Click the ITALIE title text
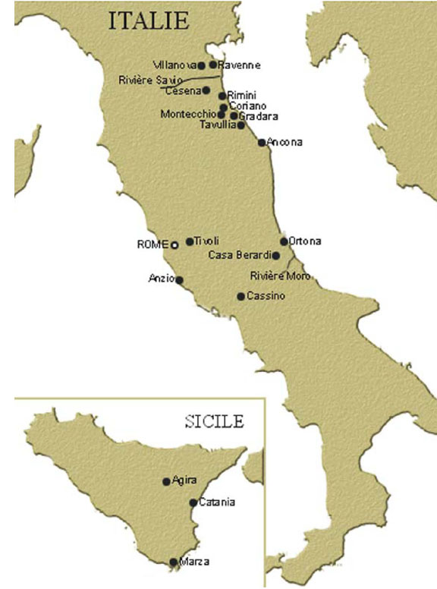[149, 20]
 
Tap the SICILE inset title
[214, 420]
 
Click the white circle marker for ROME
[174, 245]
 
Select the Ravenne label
[240, 65]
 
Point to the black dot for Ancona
[262, 142]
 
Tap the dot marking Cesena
[206, 90]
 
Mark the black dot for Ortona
[284, 241]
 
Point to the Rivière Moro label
[280, 276]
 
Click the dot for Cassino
[241, 296]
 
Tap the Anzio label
[162, 279]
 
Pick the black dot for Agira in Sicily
[166, 481]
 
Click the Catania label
[217, 502]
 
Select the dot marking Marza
[174, 562]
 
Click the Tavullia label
[218, 124]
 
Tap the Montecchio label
[187, 115]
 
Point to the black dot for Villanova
[200, 65]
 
